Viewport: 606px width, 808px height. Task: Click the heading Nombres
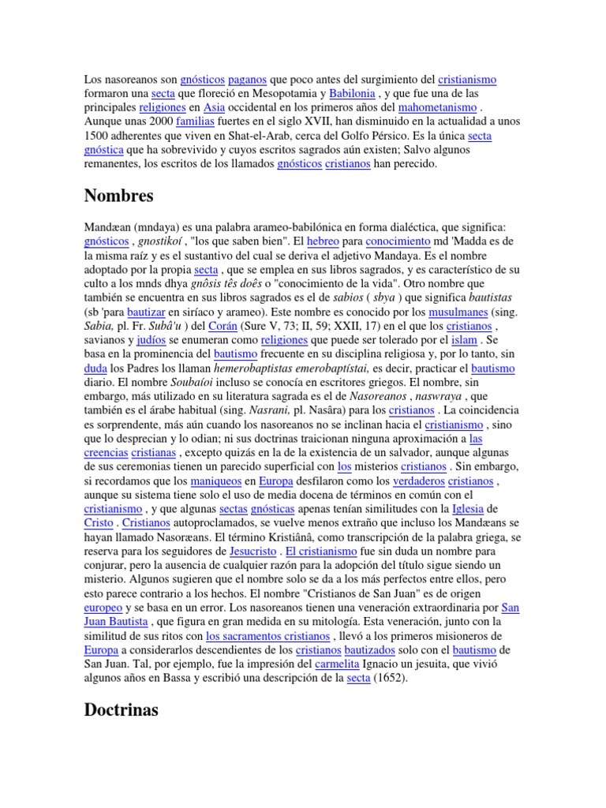(x=118, y=196)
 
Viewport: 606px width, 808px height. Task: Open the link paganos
(x=247, y=80)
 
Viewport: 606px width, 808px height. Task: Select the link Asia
(x=214, y=108)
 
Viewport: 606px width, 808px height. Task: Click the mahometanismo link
(x=438, y=108)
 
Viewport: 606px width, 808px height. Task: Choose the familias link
(x=195, y=122)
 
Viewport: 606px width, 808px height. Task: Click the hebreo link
(x=322, y=241)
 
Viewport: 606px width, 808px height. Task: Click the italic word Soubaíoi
(x=182, y=383)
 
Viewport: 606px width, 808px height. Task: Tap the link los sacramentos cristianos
(x=267, y=637)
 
